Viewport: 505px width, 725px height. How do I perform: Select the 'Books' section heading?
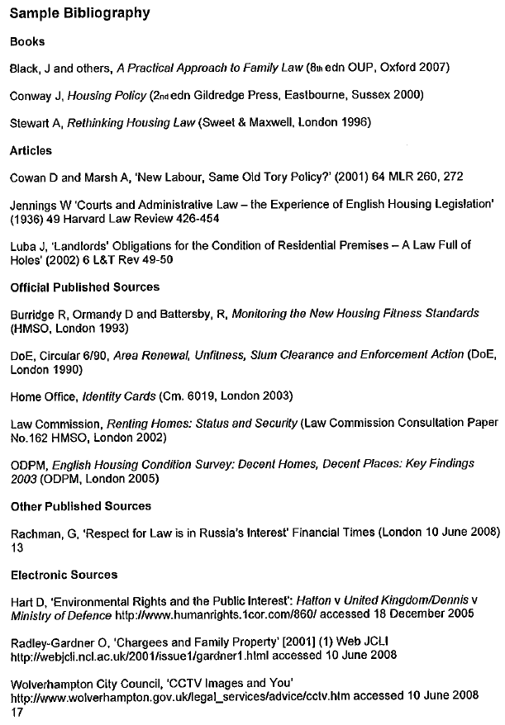pyautogui.click(x=26, y=41)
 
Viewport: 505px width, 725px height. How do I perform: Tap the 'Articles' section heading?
pyautogui.click(x=31, y=150)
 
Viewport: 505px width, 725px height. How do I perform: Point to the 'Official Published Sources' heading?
pyautogui.click(x=84, y=287)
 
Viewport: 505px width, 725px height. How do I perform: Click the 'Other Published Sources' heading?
pyautogui.click(x=80, y=505)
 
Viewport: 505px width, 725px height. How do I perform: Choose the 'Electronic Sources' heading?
pyautogui.click(x=64, y=575)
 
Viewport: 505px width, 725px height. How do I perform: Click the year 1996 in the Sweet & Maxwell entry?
pyautogui.click(x=355, y=123)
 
